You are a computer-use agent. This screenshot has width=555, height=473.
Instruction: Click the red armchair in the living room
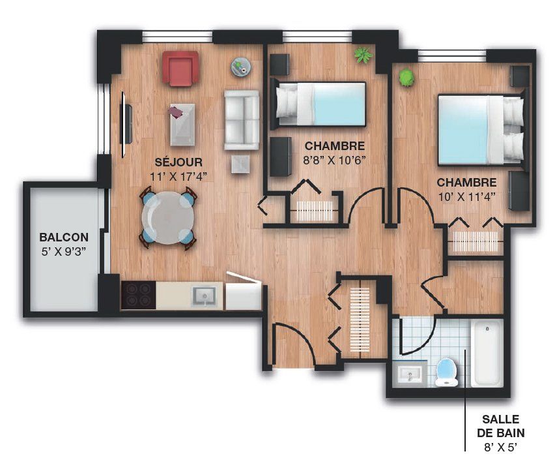click(x=180, y=69)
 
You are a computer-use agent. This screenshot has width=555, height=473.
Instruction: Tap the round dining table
click(x=168, y=217)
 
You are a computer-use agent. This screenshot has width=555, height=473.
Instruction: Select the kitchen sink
click(x=203, y=296)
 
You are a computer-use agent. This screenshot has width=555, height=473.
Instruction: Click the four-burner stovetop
click(x=138, y=295)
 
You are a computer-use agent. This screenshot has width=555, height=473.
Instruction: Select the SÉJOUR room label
click(x=178, y=162)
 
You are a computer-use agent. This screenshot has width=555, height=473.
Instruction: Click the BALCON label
click(x=64, y=237)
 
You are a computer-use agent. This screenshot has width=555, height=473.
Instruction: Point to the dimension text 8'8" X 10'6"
click(x=334, y=160)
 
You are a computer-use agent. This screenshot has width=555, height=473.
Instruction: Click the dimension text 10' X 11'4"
click(x=466, y=196)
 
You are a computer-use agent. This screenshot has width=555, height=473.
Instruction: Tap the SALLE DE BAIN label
click(x=500, y=426)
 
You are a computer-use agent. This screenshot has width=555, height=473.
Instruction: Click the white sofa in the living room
click(x=242, y=120)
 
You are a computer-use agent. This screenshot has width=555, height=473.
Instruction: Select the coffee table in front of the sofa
click(x=182, y=125)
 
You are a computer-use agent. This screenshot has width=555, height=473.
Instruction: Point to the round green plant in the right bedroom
click(x=406, y=77)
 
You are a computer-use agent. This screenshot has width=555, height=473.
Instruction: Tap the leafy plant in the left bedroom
click(x=363, y=55)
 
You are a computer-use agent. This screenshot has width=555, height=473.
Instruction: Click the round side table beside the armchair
click(x=242, y=67)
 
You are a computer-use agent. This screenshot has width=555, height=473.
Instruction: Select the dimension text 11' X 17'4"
click(x=178, y=176)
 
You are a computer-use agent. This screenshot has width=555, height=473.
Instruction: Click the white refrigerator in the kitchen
click(x=244, y=292)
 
